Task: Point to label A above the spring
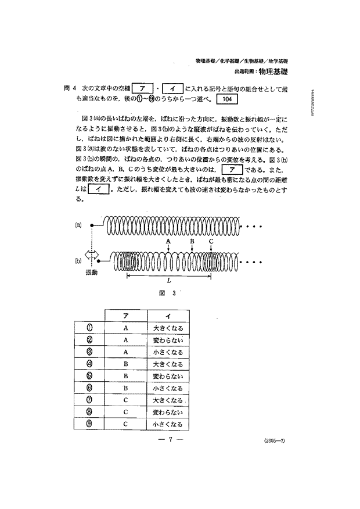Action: tap(168, 241)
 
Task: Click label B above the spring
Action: tap(192, 241)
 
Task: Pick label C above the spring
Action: tap(211, 241)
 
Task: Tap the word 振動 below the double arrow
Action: tap(92, 273)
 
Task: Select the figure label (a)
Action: tap(78, 225)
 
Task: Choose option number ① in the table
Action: tap(90, 328)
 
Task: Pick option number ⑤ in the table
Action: tap(90, 376)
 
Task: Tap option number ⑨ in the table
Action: tap(90, 424)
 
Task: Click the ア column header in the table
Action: tap(125, 316)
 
